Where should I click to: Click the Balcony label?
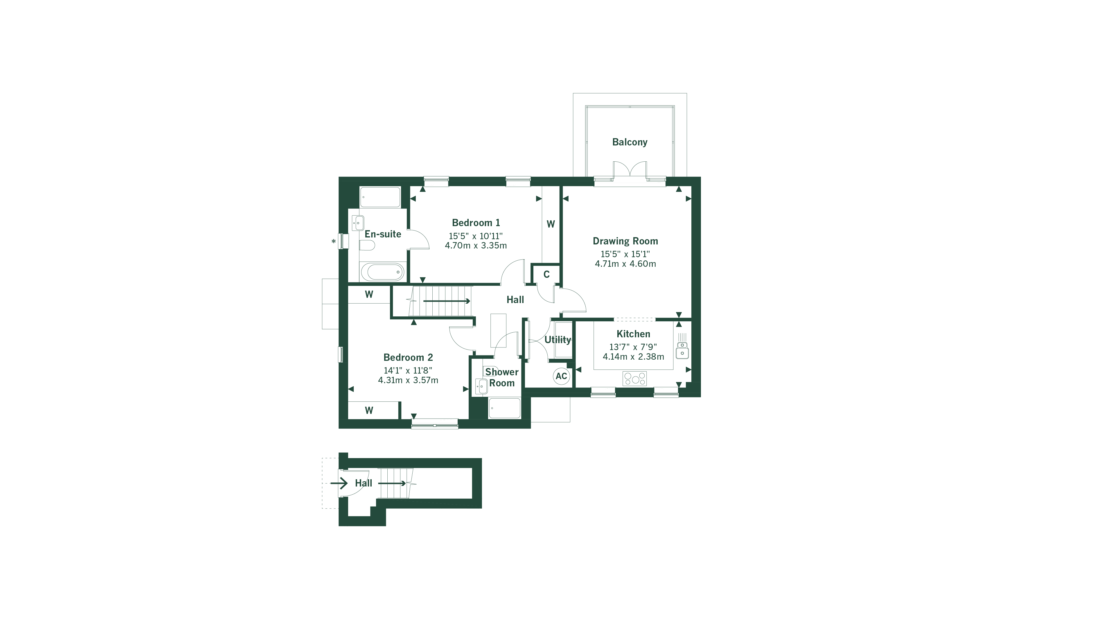point(629,142)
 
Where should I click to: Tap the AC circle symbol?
point(561,376)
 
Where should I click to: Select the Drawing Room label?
point(625,241)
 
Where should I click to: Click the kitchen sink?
point(682,350)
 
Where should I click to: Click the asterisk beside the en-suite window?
point(334,242)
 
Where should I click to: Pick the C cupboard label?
point(546,274)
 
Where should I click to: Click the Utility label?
point(557,340)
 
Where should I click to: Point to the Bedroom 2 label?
point(408,357)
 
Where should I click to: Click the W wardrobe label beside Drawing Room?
point(551,224)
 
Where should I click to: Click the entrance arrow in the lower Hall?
point(339,483)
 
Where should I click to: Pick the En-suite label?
point(383,234)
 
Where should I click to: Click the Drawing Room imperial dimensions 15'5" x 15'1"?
point(625,254)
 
